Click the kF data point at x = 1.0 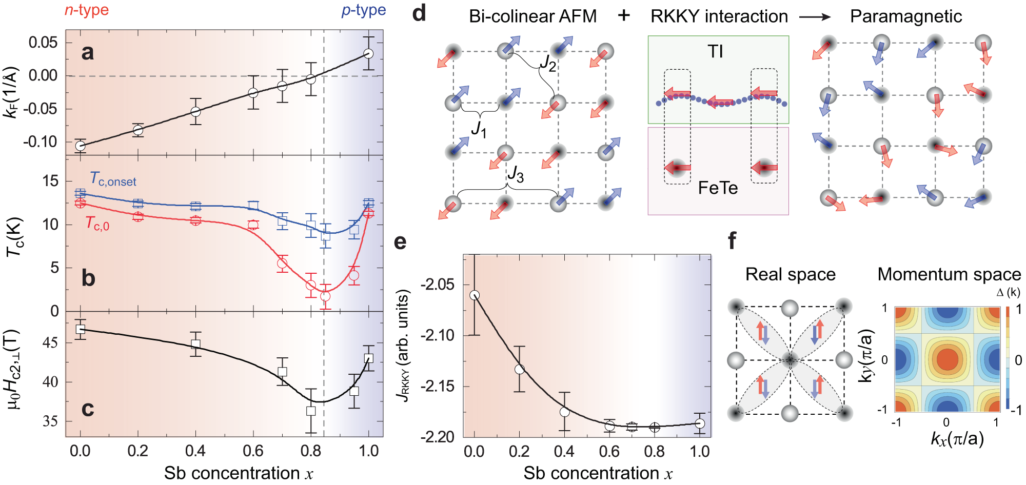pyautogui.click(x=368, y=53)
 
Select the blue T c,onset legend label pyautogui.click(x=113, y=179)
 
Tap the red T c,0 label pyautogui.click(x=97, y=224)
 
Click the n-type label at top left pyautogui.click(x=86, y=10)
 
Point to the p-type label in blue pyautogui.click(x=363, y=10)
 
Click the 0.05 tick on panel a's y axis pyautogui.click(x=43, y=43)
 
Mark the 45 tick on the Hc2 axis pyautogui.click(x=50, y=342)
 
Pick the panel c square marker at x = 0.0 pyautogui.click(x=80, y=329)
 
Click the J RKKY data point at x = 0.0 pyautogui.click(x=475, y=295)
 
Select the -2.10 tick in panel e pyautogui.click(x=438, y=335)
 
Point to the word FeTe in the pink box pyautogui.click(x=718, y=188)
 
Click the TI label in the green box pyautogui.click(x=715, y=51)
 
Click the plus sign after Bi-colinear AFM pyautogui.click(x=623, y=16)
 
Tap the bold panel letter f pyautogui.click(x=732, y=240)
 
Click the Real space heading pyautogui.click(x=790, y=274)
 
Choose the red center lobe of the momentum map pyautogui.click(x=947, y=359)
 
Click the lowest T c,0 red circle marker pyautogui.click(x=325, y=296)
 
